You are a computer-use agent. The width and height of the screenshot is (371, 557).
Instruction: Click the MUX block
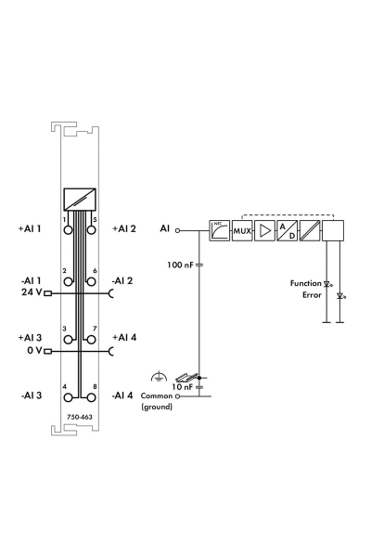click(x=242, y=231)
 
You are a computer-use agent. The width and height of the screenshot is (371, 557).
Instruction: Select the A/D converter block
click(x=288, y=231)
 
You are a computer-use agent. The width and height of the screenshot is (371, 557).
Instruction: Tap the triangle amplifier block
click(x=265, y=231)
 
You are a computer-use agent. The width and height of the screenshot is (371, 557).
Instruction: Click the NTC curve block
click(x=220, y=231)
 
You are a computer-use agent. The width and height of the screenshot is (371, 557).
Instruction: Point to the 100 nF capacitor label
click(x=180, y=265)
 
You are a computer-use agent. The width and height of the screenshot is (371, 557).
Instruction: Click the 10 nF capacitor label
click(x=182, y=386)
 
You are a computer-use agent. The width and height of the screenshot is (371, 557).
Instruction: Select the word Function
click(x=306, y=283)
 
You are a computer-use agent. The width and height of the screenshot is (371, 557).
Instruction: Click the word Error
click(x=312, y=295)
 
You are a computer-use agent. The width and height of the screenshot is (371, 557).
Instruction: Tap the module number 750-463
click(x=80, y=417)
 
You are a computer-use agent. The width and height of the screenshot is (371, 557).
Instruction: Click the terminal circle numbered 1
click(x=68, y=230)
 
